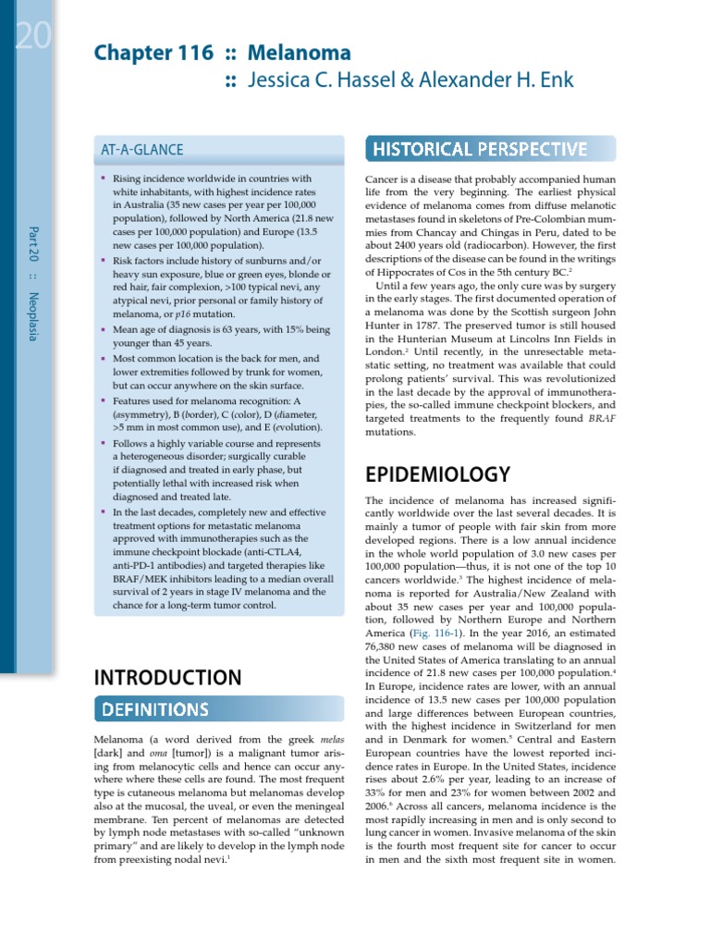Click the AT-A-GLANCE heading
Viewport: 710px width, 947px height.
click(141, 150)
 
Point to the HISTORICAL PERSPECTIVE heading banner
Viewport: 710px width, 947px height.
click(479, 149)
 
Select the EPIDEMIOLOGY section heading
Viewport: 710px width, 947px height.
click(437, 474)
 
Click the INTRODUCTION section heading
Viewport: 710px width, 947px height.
click(168, 678)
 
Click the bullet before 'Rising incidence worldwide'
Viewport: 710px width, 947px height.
click(104, 176)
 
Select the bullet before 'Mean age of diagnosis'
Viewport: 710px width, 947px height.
click(104, 328)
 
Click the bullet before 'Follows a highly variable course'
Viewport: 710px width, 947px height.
click(104, 443)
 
